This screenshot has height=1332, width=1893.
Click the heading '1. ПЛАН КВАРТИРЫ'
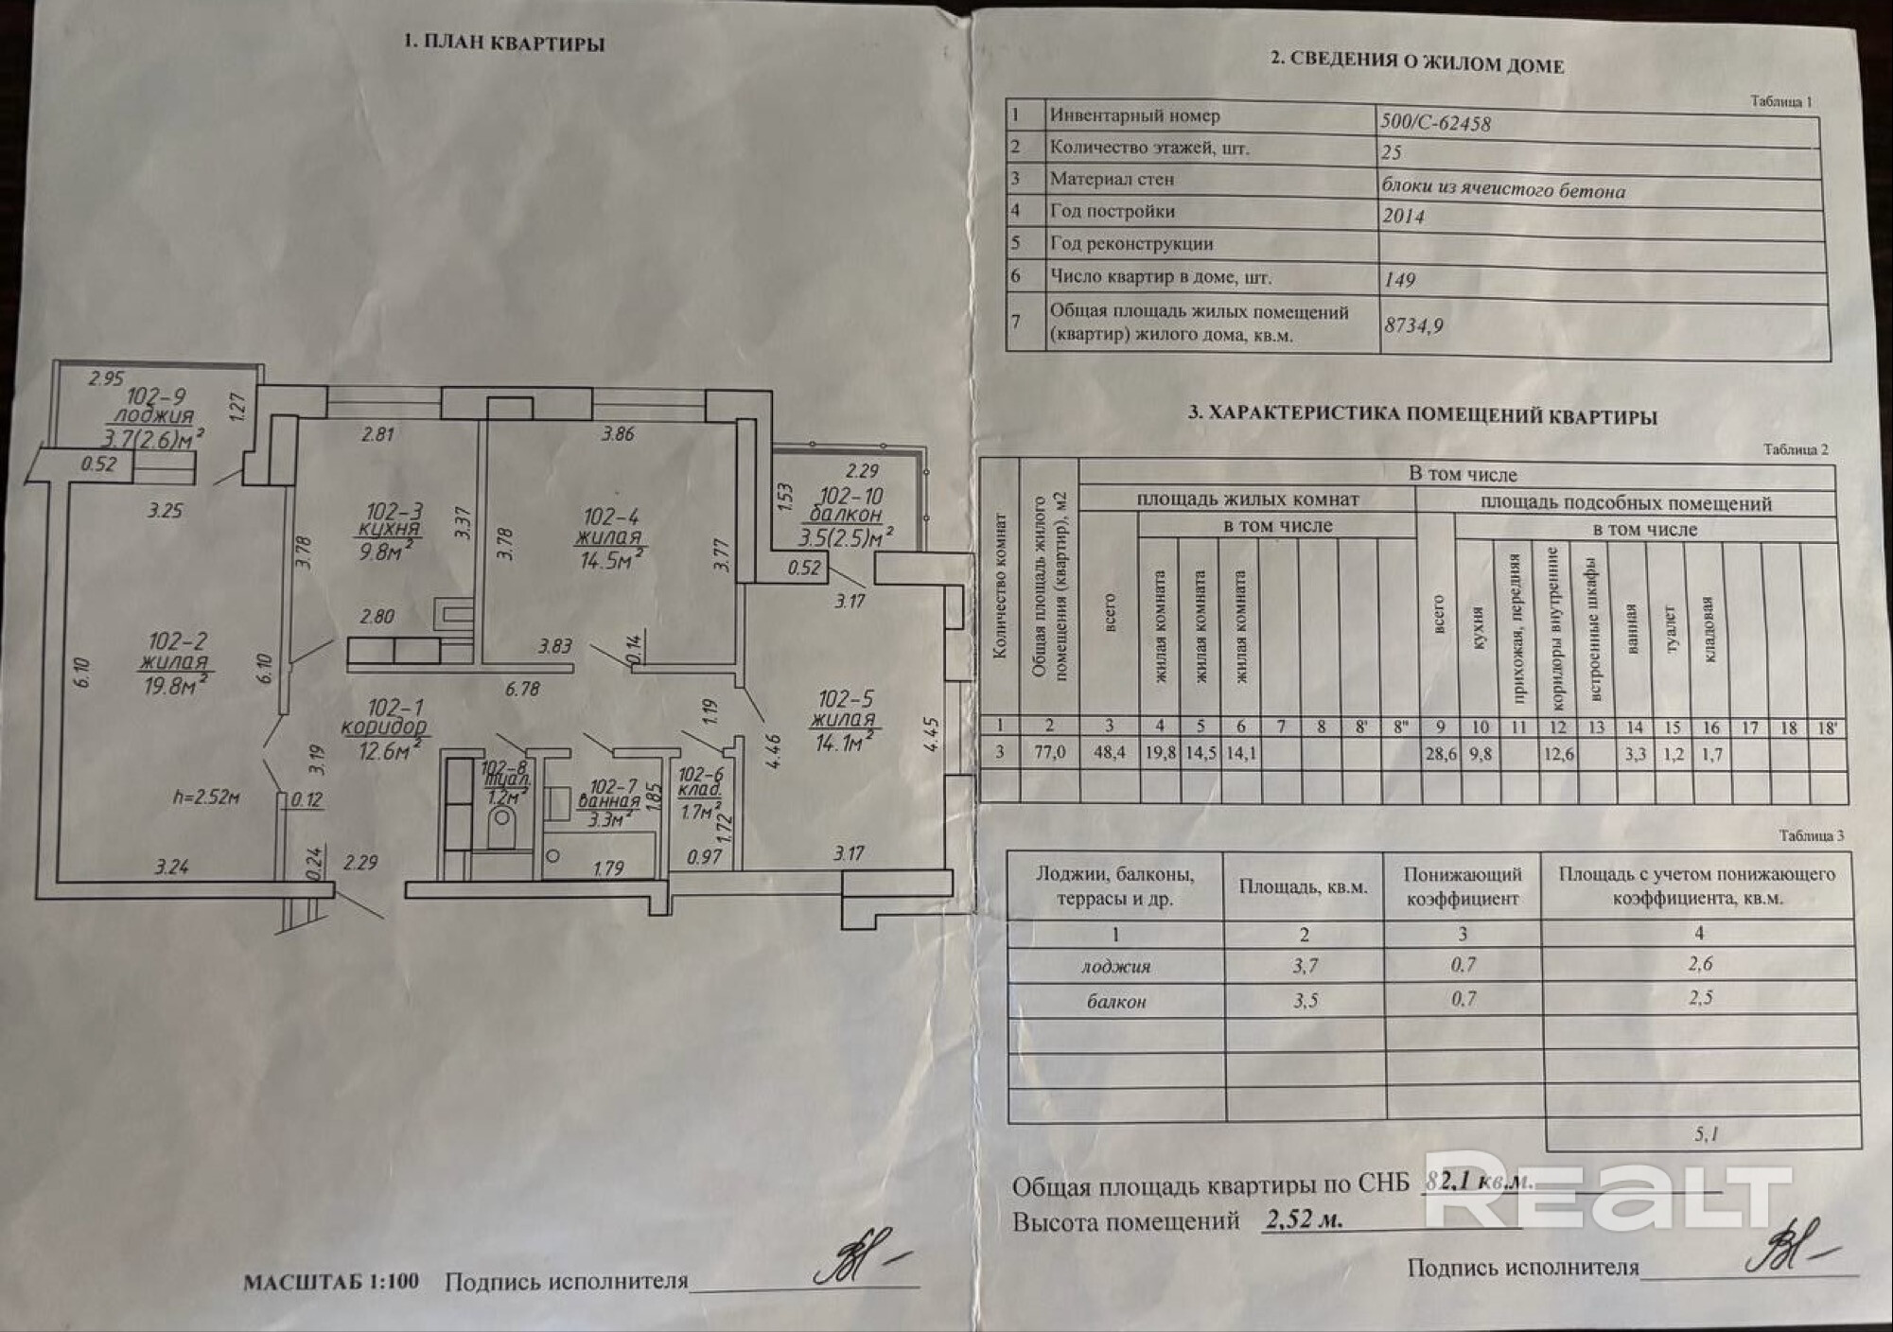point(503,43)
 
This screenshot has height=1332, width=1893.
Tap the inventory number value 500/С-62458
point(1436,123)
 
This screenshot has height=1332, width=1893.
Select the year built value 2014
point(1403,216)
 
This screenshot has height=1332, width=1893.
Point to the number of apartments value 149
point(1399,280)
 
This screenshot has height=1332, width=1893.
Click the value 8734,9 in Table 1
point(1413,325)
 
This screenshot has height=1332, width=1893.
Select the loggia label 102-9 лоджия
point(154,407)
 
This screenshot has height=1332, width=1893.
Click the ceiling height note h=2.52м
point(206,797)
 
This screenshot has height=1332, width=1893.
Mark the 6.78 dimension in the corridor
point(522,689)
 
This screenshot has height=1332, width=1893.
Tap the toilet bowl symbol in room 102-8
point(501,832)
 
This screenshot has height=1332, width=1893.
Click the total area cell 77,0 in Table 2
point(1049,753)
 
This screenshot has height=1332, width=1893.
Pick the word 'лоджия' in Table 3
point(1116,966)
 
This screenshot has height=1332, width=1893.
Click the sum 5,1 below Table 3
point(1707,1133)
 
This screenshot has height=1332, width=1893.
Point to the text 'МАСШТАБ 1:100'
point(331,1283)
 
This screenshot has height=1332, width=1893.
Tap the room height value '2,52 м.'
point(1305,1219)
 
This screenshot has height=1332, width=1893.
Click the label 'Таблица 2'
point(1796,450)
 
